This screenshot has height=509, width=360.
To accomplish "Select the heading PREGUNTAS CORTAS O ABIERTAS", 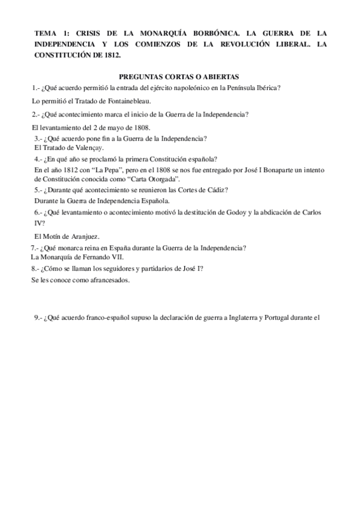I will (x=179, y=76).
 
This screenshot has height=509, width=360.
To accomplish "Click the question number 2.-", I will (x=37, y=114).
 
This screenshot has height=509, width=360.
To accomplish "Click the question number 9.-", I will (x=39, y=318).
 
